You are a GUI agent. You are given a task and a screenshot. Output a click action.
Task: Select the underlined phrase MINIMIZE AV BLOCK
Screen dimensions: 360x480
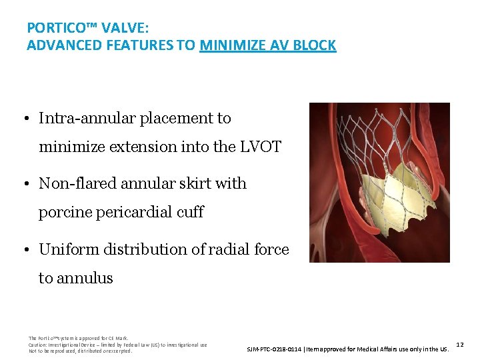pos(267,46)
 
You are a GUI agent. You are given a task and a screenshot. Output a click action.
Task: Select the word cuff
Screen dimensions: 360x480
pos(189,213)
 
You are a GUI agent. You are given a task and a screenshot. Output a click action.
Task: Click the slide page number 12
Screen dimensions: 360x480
pos(460,344)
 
